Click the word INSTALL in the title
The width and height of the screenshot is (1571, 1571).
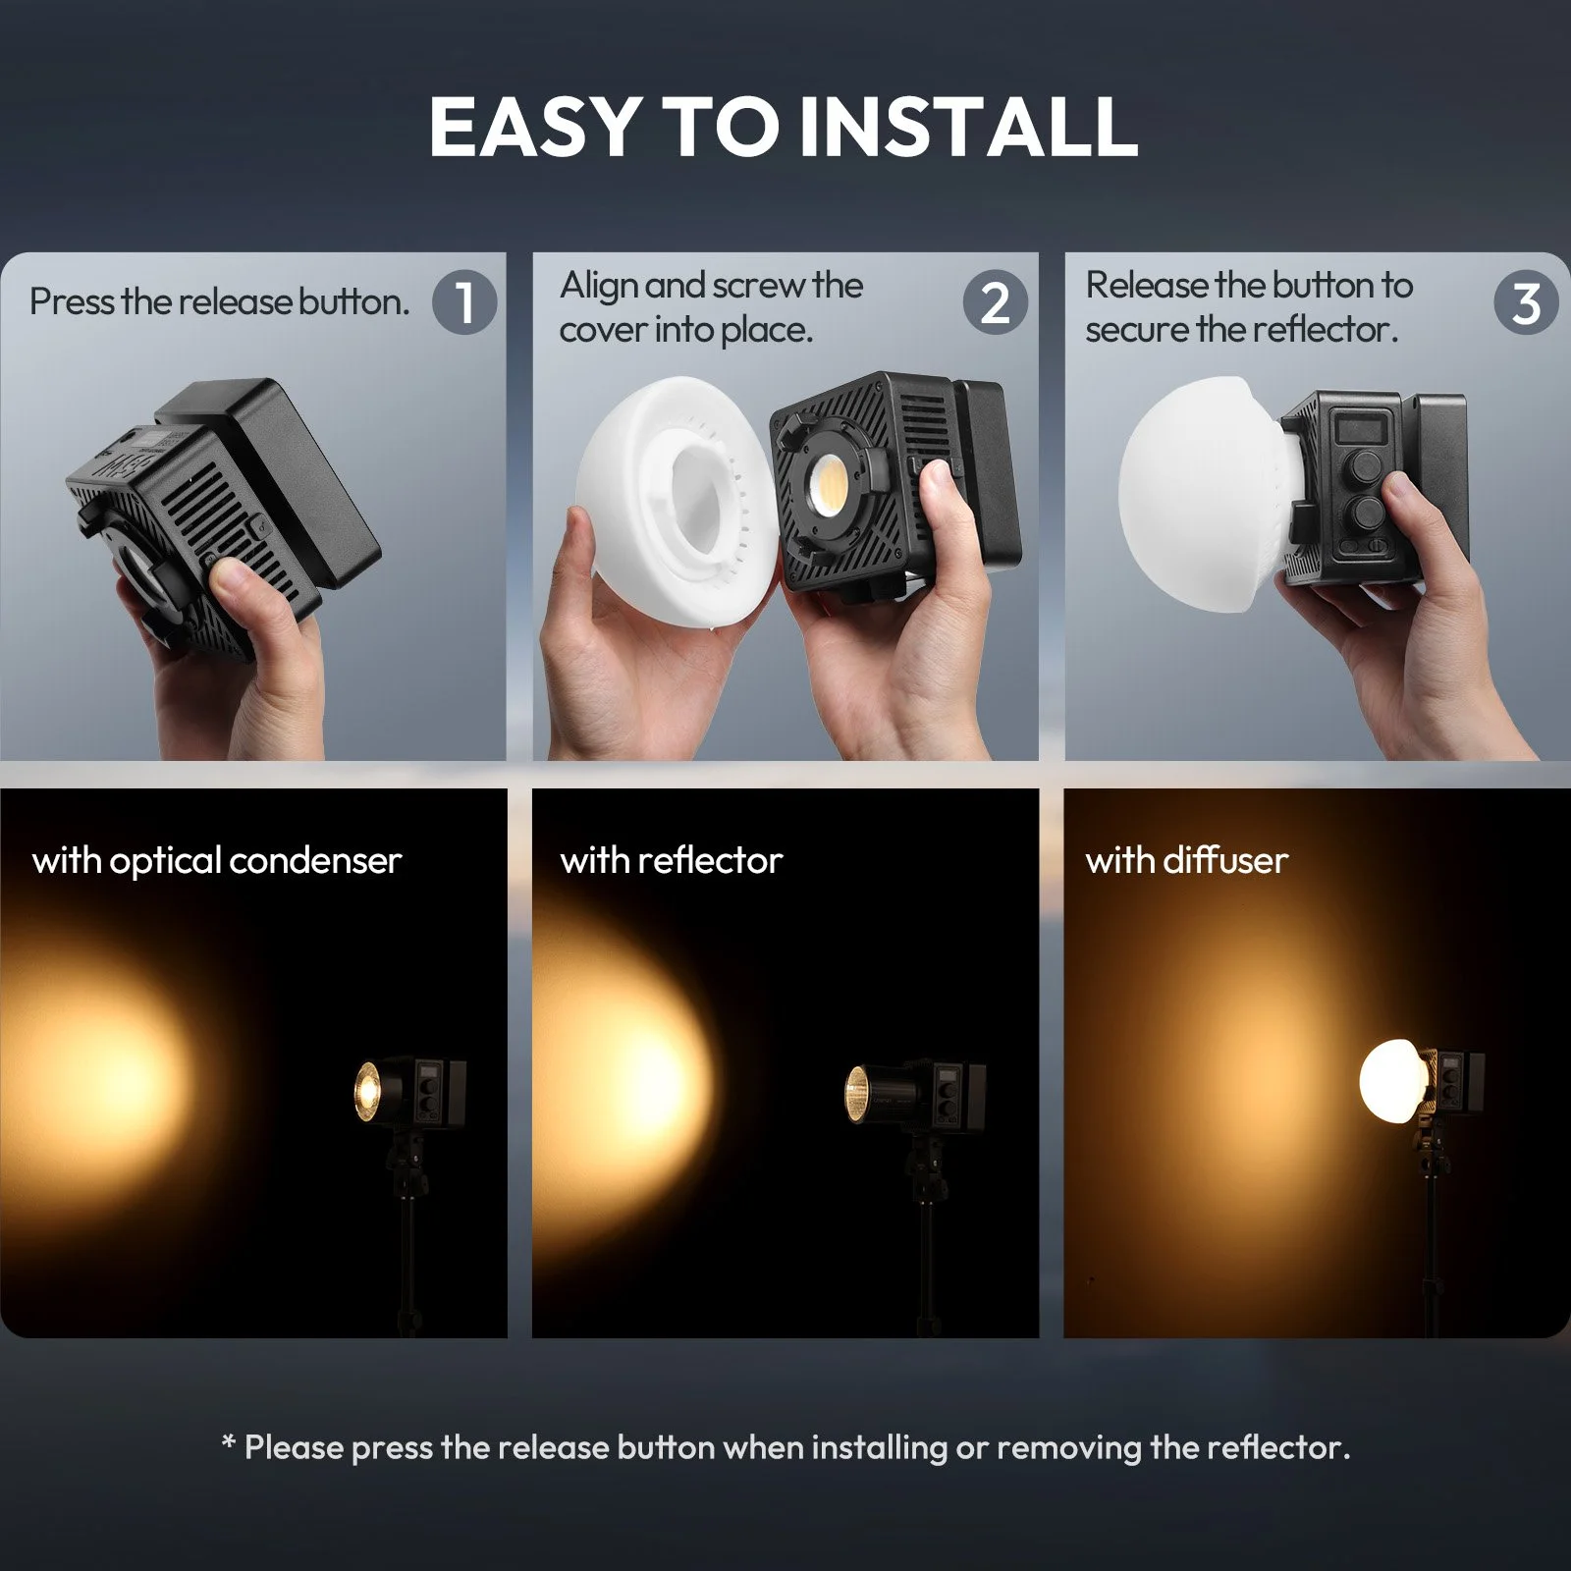(969, 126)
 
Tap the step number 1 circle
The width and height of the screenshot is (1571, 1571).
(464, 301)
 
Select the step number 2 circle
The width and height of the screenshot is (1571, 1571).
(996, 301)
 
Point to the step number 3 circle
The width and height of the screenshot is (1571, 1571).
(1526, 301)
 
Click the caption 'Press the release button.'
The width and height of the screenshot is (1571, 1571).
(220, 301)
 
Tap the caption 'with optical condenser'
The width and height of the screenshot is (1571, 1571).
(217, 861)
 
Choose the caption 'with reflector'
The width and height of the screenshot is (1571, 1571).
(672, 860)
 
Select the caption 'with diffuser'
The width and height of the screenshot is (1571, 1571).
(1187, 860)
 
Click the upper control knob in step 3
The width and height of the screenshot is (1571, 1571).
(1365, 460)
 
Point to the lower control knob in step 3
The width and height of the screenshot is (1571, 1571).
(1365, 512)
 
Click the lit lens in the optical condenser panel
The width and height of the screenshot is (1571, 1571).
(367, 1090)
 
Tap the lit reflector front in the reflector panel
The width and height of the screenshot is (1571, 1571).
(856, 1094)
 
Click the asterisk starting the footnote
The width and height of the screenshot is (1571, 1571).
(229, 1443)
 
